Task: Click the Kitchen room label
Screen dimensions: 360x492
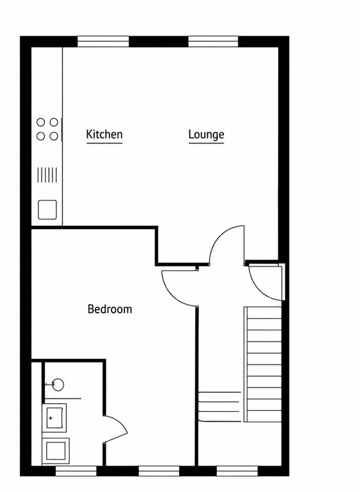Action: click(x=104, y=134)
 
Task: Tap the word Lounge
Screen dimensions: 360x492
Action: click(x=206, y=135)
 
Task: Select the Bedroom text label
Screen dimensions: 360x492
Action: click(x=110, y=309)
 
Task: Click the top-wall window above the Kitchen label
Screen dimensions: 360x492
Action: click(x=103, y=42)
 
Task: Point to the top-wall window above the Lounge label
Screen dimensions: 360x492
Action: click(x=213, y=42)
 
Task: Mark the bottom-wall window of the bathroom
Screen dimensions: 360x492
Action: click(x=76, y=470)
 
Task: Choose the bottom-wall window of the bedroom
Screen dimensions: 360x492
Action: click(x=159, y=470)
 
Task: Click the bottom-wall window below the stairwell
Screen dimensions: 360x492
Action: click(x=237, y=470)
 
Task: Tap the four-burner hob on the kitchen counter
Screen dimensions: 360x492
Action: click(x=47, y=129)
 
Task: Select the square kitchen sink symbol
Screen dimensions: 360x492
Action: click(x=47, y=210)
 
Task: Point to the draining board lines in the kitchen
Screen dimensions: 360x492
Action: click(x=47, y=175)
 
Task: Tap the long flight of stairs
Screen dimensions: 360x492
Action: click(x=263, y=364)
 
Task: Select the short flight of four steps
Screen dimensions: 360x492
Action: click(x=220, y=406)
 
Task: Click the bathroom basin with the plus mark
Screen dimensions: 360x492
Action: click(x=54, y=418)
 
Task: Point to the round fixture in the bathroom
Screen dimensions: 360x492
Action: click(x=58, y=384)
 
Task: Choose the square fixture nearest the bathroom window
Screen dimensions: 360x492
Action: click(x=55, y=450)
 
